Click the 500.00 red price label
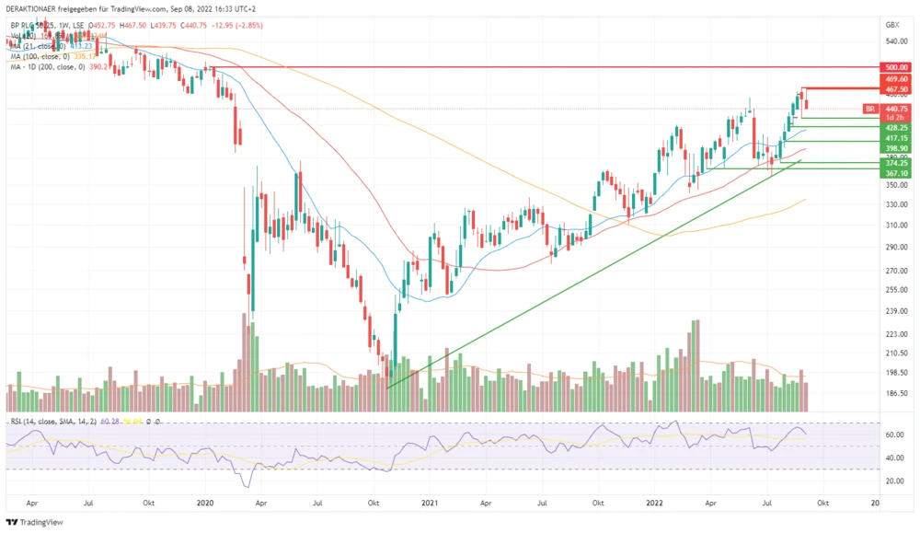click(896, 67)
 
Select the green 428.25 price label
click(896, 128)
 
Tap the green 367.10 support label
click(896, 172)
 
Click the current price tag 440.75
click(896, 108)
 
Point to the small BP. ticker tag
click(869, 109)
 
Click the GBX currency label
click(891, 25)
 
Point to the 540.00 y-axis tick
click(895, 41)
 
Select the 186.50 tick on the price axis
click(895, 393)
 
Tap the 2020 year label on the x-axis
click(205, 503)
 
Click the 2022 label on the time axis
click(655, 503)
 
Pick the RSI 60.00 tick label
click(892, 435)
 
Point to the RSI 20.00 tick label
click(892, 481)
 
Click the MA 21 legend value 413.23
click(80, 46)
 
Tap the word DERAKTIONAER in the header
click(34, 7)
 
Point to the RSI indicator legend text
click(55, 422)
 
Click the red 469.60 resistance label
click(896, 79)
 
